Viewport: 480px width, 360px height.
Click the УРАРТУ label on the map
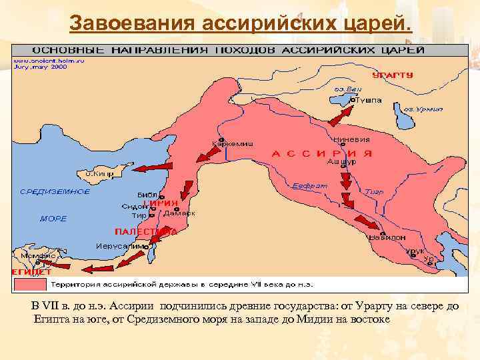(x=393, y=75)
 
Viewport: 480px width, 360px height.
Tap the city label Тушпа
(x=369, y=101)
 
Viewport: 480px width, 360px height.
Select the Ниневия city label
(x=351, y=140)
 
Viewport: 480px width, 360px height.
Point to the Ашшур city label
(x=341, y=161)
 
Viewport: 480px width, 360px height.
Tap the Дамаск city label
(x=180, y=213)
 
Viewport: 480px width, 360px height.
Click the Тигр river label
(x=374, y=191)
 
